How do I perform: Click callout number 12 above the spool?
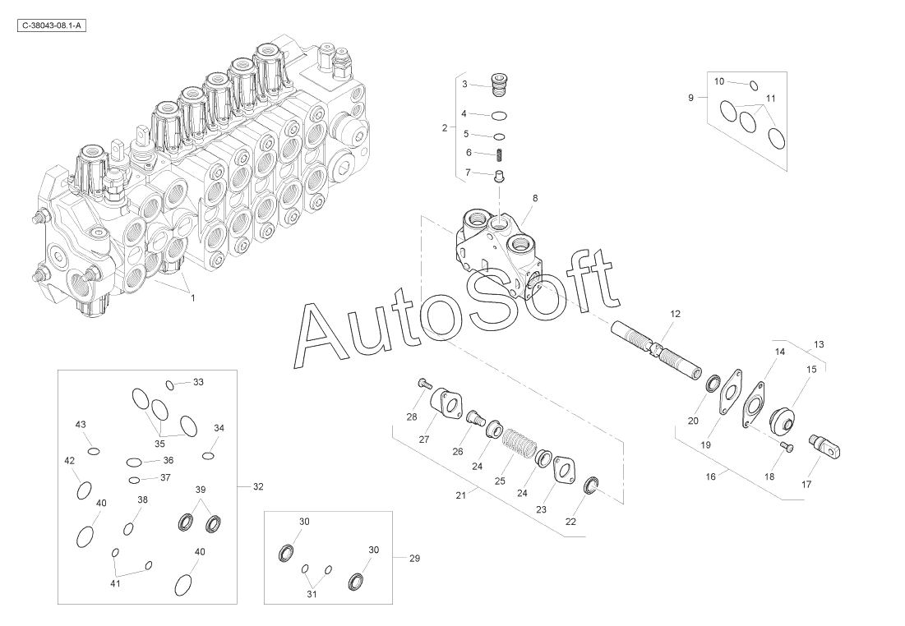point(676,314)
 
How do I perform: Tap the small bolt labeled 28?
point(423,383)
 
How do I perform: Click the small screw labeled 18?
point(787,446)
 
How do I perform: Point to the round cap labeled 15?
point(782,421)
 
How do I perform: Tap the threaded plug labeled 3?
point(499,85)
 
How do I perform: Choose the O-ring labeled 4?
point(499,115)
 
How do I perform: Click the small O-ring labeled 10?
point(754,85)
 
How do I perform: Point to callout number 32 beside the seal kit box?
point(258,487)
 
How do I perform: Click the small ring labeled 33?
point(169,384)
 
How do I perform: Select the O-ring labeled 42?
point(84,490)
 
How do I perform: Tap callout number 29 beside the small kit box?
point(414,559)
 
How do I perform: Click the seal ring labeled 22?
point(592,486)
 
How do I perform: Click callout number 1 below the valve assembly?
point(193,298)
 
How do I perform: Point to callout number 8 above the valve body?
point(535,198)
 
